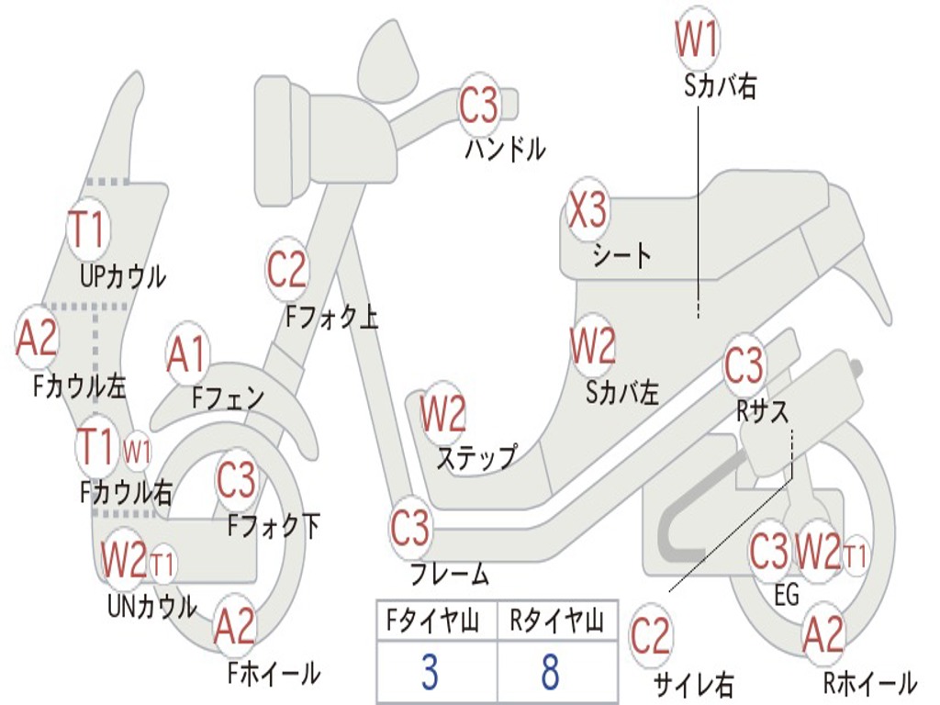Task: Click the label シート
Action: [x=622, y=254]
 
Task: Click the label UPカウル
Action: [x=123, y=275]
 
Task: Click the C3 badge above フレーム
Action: [x=409, y=528]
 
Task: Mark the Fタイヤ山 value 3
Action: [x=430, y=672]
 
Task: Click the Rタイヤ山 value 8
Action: [x=550, y=672]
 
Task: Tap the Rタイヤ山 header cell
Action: [x=556, y=623]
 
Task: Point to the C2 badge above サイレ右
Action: [x=651, y=636]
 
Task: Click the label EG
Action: [x=787, y=596]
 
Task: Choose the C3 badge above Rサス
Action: [x=744, y=365]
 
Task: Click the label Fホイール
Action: [x=274, y=673]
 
